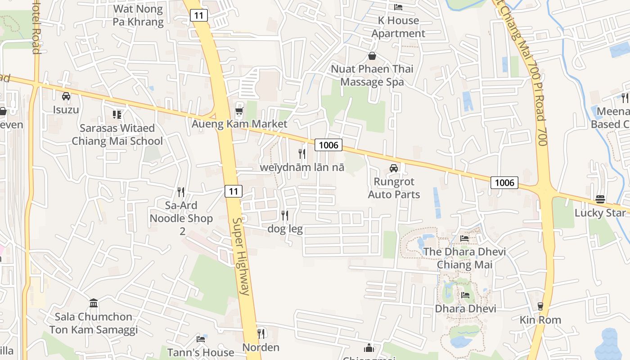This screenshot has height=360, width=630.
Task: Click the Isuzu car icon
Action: click(66, 96)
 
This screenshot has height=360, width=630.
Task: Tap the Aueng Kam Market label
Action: click(239, 124)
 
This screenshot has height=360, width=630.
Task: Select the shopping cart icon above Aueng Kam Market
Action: click(239, 111)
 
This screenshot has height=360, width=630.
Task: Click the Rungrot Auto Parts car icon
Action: click(394, 168)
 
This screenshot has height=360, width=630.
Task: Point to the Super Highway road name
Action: click(241, 256)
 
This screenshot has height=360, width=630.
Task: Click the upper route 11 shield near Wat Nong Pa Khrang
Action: click(198, 15)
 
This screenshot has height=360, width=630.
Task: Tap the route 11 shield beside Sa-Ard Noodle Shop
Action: click(233, 191)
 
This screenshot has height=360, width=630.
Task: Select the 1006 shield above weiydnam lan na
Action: click(328, 145)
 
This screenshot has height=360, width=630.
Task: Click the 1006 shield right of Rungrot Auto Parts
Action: click(504, 182)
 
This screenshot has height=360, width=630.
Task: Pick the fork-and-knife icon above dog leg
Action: click(285, 216)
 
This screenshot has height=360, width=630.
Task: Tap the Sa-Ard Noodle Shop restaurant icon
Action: click(181, 192)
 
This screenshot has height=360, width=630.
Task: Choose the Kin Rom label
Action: click(540, 320)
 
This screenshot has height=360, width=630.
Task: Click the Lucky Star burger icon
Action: click(600, 199)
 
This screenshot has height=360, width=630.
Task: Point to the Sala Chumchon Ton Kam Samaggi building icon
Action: click(94, 303)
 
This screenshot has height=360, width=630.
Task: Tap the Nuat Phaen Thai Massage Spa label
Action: click(372, 76)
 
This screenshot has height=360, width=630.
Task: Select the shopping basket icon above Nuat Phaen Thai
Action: click(372, 56)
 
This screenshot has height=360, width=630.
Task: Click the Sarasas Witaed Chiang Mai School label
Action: click(117, 135)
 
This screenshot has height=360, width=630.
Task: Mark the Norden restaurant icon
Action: click(261, 333)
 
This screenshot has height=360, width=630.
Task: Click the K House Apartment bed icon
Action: click(398, 7)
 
